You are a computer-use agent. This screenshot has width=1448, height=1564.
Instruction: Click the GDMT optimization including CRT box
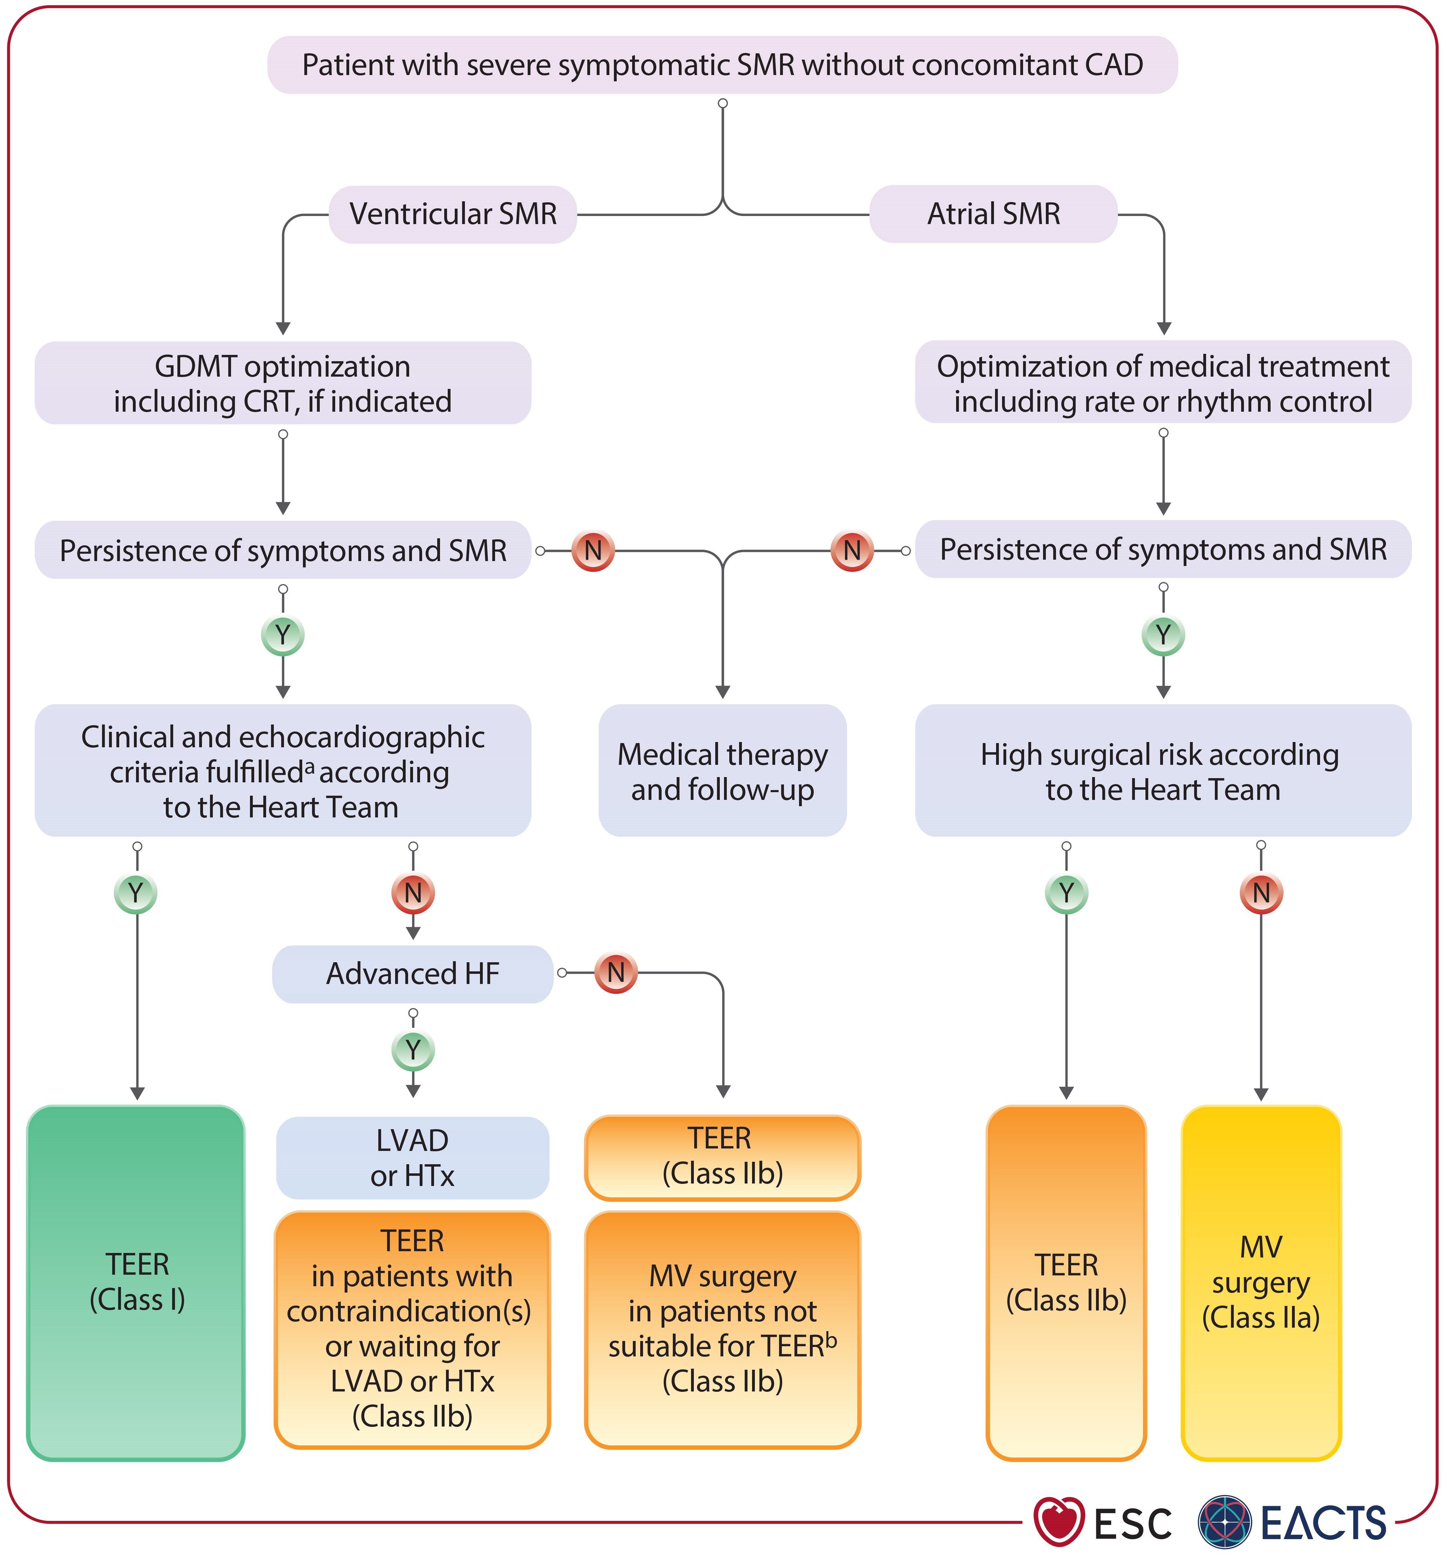pos(283,383)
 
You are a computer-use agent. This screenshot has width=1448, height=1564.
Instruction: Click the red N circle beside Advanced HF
pos(616,973)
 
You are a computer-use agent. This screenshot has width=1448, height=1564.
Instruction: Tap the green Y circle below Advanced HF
pos(413,1050)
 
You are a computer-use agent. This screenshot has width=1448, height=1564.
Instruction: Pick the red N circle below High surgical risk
pos(1261,893)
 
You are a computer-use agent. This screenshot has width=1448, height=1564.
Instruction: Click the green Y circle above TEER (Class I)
pos(136,893)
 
